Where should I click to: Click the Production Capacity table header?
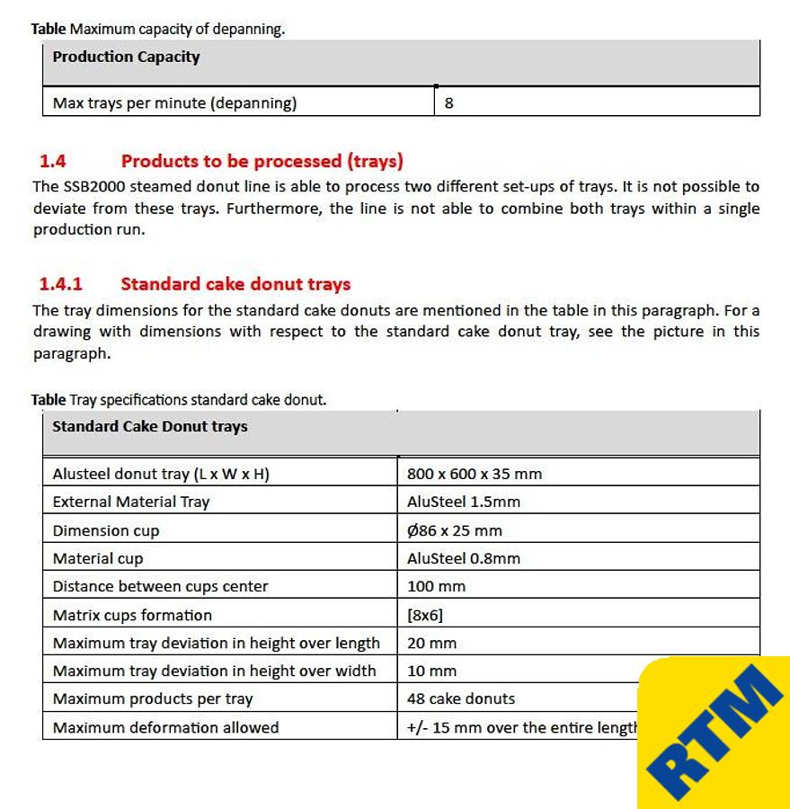pyautogui.click(x=126, y=58)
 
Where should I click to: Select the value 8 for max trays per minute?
pyautogui.click(x=448, y=102)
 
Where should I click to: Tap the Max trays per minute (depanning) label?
pyautogui.click(x=174, y=102)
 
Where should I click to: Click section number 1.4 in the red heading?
pyautogui.click(x=53, y=162)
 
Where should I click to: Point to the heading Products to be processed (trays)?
pyautogui.click(x=262, y=162)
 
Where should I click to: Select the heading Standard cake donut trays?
pyautogui.click(x=235, y=284)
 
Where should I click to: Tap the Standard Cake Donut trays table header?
pyautogui.click(x=149, y=427)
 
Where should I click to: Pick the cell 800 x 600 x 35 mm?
pyautogui.click(x=474, y=474)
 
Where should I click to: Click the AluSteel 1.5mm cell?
pyautogui.click(x=463, y=502)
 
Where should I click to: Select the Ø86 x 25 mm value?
pyautogui.click(x=454, y=530)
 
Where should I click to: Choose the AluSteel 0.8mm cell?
pyautogui.click(x=463, y=558)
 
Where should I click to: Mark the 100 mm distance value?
pyautogui.click(x=436, y=586)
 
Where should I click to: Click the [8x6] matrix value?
pyautogui.click(x=424, y=615)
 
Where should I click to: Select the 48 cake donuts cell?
pyautogui.click(x=460, y=698)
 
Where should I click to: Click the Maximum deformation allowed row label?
pyautogui.click(x=165, y=727)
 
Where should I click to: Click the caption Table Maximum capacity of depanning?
pyautogui.click(x=157, y=29)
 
